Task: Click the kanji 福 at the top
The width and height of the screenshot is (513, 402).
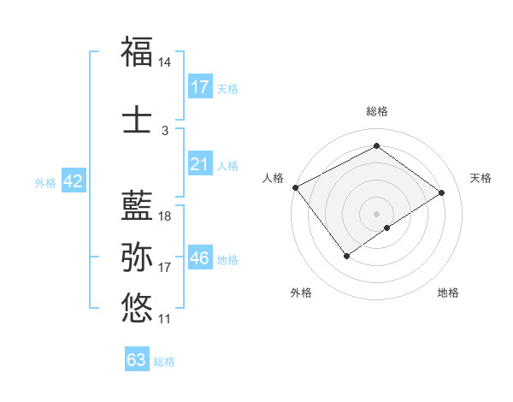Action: click(x=137, y=53)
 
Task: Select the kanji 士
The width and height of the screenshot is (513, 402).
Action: click(x=137, y=121)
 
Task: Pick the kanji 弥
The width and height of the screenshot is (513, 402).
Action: click(x=137, y=257)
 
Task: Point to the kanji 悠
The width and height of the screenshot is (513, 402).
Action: click(x=137, y=307)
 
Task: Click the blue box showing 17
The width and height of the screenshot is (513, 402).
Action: click(x=199, y=87)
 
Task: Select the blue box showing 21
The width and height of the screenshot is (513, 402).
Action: click(x=199, y=164)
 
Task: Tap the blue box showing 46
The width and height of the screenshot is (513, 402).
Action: click(x=199, y=257)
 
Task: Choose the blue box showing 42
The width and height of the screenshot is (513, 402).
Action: click(x=73, y=181)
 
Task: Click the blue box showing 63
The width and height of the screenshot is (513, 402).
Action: click(x=137, y=360)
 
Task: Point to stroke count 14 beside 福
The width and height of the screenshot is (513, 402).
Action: click(x=165, y=63)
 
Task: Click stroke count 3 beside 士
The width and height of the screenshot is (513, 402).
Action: click(x=165, y=131)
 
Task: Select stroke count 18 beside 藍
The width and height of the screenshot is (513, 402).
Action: click(x=165, y=216)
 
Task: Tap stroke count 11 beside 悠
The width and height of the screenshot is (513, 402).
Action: click(x=165, y=318)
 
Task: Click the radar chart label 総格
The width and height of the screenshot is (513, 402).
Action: click(x=376, y=111)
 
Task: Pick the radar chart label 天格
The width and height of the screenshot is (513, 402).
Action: click(x=481, y=178)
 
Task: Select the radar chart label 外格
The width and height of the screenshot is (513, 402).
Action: click(x=301, y=293)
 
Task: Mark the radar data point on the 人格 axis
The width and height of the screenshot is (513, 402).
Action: click(x=295, y=187)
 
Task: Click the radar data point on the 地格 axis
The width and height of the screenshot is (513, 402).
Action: click(x=387, y=228)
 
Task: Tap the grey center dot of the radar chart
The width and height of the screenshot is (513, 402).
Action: click(x=376, y=213)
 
